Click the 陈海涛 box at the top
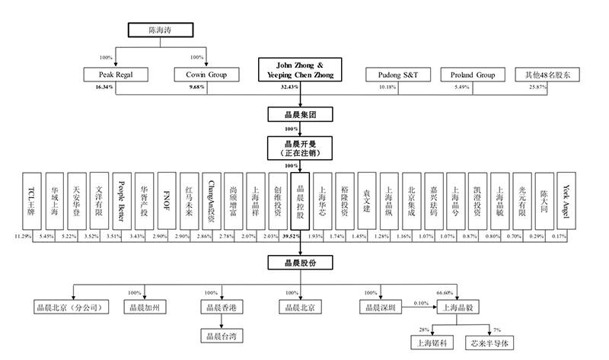[x=161, y=30]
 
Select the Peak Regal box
[x=116, y=75]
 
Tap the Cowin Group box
[x=206, y=75]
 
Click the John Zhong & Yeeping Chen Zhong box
[x=300, y=70]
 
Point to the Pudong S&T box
[x=398, y=75]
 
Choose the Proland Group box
[x=473, y=75]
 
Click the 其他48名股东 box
[x=547, y=75]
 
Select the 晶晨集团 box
[x=300, y=115]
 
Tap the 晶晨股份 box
[x=300, y=263]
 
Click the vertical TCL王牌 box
[x=32, y=201]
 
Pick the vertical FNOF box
[x=167, y=201]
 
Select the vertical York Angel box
[x=566, y=201]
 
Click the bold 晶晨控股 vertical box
[x=300, y=201]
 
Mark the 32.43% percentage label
[x=289, y=87]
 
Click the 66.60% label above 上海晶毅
[x=445, y=292]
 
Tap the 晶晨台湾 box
[x=222, y=336]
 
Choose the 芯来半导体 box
[x=489, y=343]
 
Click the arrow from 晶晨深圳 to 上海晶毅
[x=419, y=307]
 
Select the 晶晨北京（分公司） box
[x=71, y=307]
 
